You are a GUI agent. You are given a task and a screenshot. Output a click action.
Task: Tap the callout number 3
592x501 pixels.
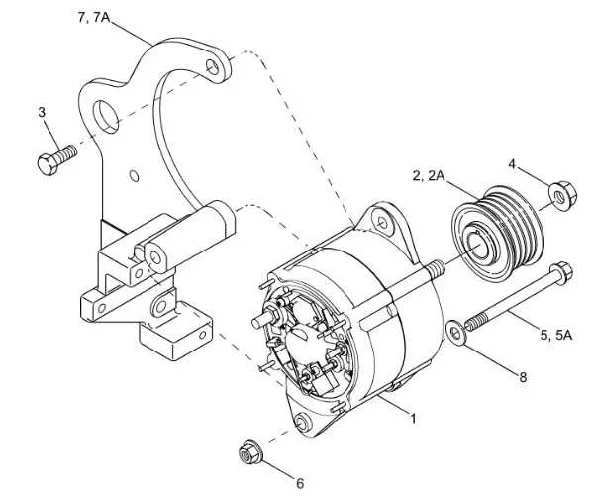click(43, 112)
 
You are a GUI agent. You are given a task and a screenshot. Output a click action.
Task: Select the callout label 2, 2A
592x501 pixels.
click(429, 175)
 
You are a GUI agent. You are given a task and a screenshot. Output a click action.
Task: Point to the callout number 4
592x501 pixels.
click(512, 163)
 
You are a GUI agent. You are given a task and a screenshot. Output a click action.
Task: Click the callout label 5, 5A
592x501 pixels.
click(556, 335)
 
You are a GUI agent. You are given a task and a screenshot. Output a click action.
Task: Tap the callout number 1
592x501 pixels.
click(413, 418)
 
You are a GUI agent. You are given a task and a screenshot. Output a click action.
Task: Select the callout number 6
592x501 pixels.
click(300, 484)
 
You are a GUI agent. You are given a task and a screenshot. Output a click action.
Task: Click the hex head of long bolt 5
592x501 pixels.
click(562, 268)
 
